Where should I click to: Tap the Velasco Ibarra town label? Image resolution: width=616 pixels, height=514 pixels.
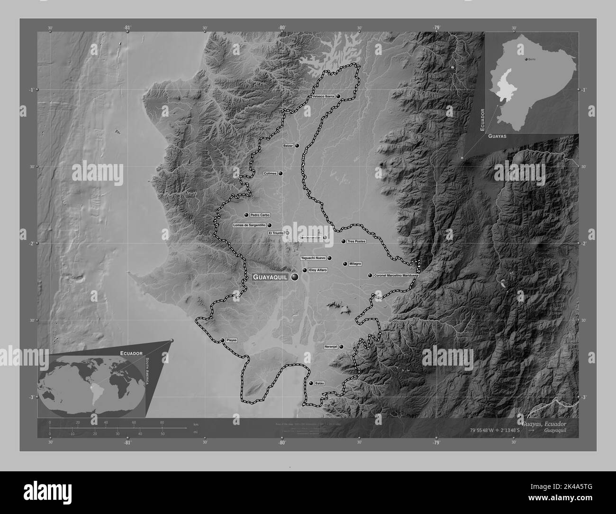click(x=323, y=96)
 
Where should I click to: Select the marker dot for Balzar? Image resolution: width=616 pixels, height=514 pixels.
click(x=297, y=146)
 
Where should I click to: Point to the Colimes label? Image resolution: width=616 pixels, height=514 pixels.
click(x=270, y=174)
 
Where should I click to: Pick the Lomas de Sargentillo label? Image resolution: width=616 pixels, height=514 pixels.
click(x=249, y=225)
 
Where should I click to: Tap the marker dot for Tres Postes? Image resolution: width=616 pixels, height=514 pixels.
click(x=344, y=241)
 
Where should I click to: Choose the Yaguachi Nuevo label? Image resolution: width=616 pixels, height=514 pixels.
click(x=313, y=258)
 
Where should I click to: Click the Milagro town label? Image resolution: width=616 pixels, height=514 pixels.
click(x=355, y=264)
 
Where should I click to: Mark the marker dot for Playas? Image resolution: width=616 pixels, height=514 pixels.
click(x=222, y=340)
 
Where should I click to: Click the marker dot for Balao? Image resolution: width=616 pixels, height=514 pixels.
click(x=311, y=383)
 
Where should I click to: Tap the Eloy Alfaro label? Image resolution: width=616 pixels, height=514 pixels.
click(x=318, y=270)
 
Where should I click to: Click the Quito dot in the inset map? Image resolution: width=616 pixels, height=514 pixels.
click(x=526, y=60)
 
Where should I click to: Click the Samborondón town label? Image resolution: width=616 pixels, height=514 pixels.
click(x=310, y=238)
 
